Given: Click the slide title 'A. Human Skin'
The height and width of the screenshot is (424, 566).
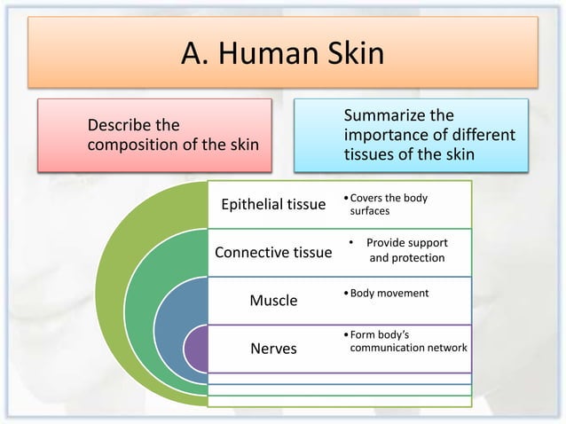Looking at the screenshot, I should click(x=282, y=54).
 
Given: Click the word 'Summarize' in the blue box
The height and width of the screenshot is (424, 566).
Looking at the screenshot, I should click(x=384, y=117).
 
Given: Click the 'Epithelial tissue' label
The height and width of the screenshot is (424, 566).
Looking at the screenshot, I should click(x=272, y=206).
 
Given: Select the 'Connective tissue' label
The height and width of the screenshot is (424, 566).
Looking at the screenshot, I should click(x=274, y=254).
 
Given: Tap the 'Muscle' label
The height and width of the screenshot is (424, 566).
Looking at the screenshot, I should click(x=272, y=300).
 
